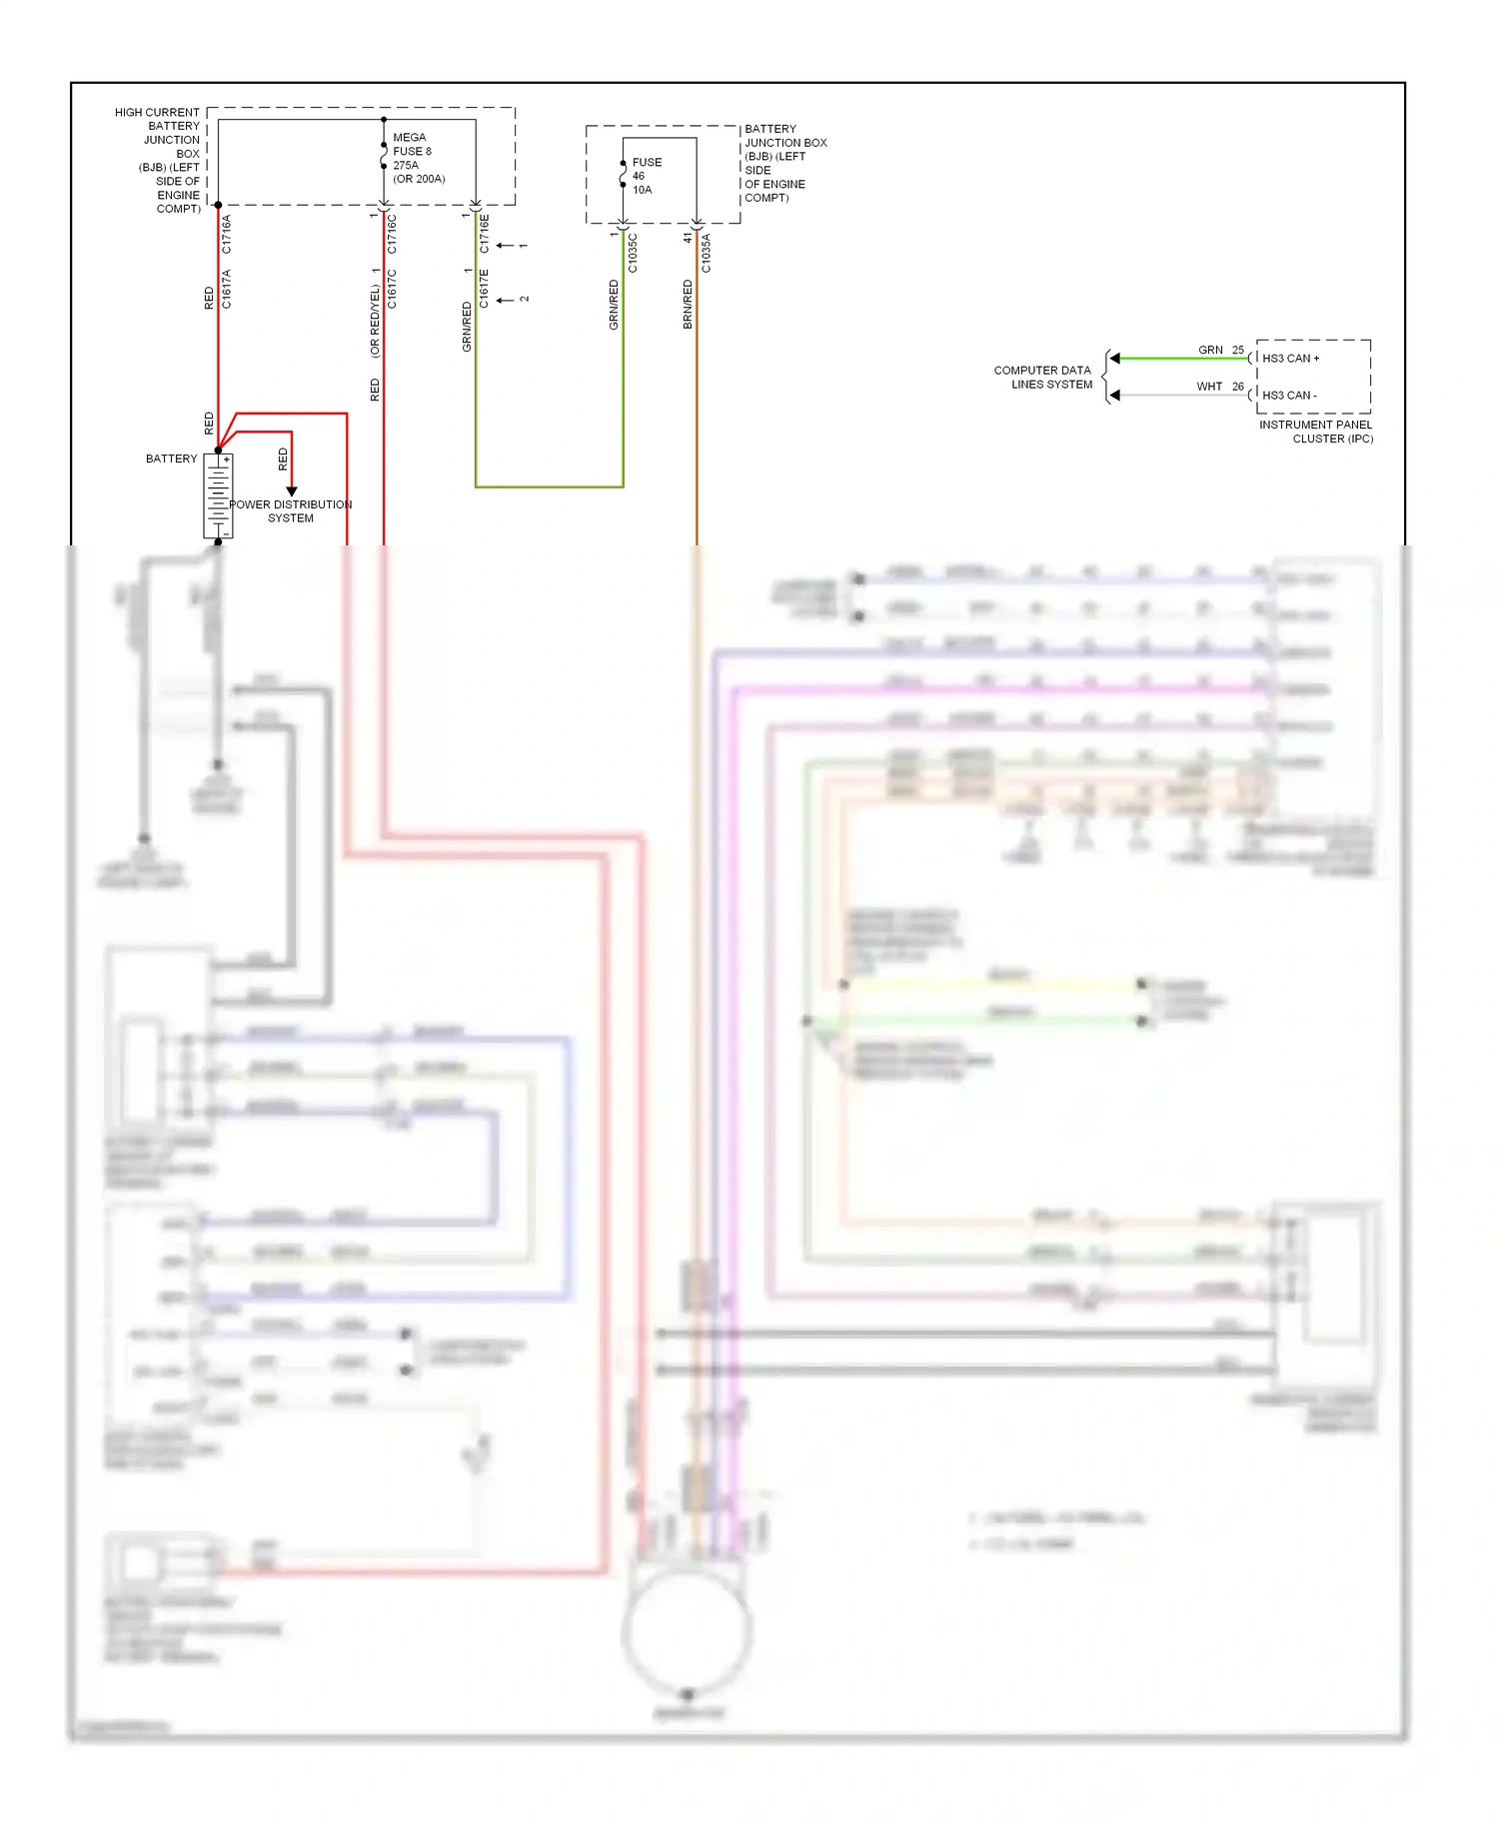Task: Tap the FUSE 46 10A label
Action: point(646,176)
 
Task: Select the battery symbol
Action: point(218,496)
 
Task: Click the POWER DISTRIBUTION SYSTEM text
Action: point(290,511)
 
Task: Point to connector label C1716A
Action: point(227,234)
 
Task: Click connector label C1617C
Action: point(392,289)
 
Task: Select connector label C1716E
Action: point(485,233)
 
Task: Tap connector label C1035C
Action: point(633,253)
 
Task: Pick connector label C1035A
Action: point(707,253)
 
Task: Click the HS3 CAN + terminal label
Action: point(1290,358)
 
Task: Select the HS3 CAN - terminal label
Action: point(1289,396)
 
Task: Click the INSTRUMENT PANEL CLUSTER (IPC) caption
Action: point(1316,432)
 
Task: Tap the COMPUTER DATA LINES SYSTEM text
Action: point(1042,378)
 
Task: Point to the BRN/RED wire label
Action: point(688,304)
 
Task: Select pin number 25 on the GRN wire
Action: point(1238,350)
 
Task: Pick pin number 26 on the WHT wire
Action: point(1238,387)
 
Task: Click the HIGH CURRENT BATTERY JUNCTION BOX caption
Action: point(160,160)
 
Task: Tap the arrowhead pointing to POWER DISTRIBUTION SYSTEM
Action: point(292,490)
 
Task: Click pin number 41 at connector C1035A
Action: point(688,238)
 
